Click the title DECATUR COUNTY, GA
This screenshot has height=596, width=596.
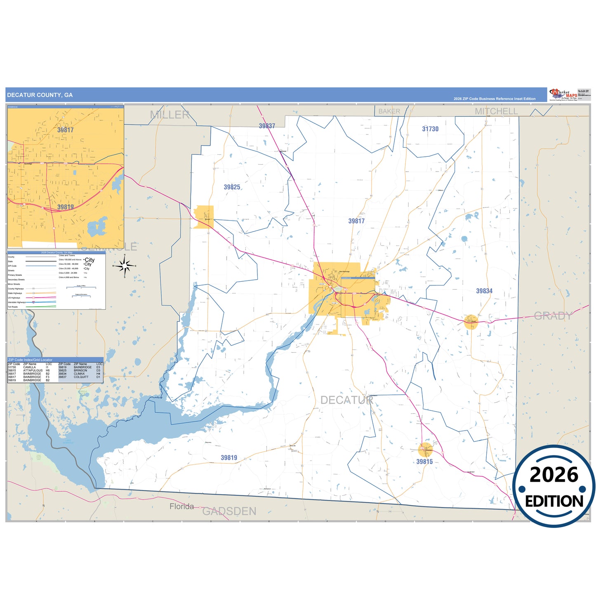coord(40,95)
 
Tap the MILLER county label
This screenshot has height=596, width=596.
coord(170,115)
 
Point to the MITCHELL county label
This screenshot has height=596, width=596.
coord(496,111)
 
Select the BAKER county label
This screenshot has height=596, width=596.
coord(389,111)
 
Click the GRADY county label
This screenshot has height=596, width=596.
coord(553,316)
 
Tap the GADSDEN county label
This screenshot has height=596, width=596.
coord(229,511)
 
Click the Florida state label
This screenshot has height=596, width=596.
coord(181,506)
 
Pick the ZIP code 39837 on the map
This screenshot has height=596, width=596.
coord(267,126)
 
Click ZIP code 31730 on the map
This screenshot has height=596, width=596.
coord(430,129)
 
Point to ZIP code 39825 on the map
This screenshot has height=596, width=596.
coord(232,187)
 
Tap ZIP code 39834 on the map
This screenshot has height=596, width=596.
coord(484,291)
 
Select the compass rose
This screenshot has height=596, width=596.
coord(125,266)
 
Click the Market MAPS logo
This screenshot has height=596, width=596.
coord(563,94)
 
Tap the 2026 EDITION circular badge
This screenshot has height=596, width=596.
coord(554,486)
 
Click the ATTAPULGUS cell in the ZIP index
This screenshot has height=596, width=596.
coord(33,370)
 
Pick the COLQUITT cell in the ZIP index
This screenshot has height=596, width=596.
coord(81,377)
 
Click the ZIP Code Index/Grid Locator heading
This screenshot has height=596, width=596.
coord(30,360)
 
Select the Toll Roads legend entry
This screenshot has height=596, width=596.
coord(13,307)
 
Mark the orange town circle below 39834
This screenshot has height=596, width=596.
coord(471,322)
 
